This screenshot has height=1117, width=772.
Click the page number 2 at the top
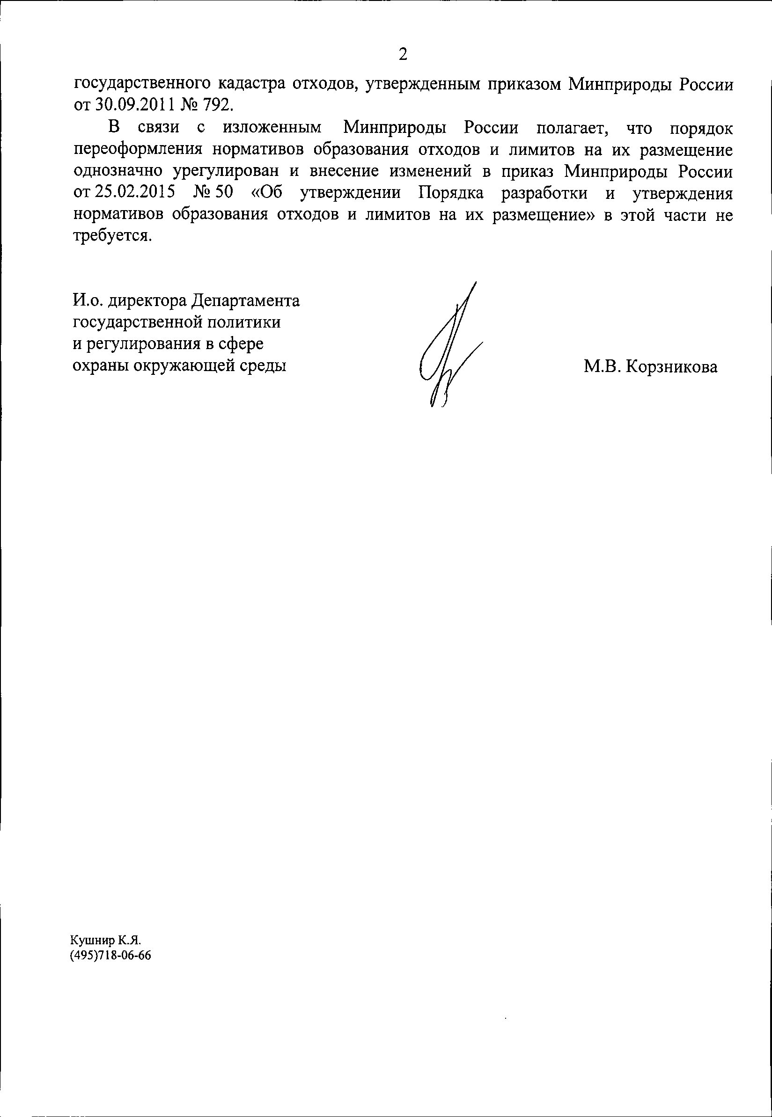click(403, 55)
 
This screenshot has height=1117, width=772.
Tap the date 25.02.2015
click(134, 193)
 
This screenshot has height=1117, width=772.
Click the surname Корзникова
click(671, 367)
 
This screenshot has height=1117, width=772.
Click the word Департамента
click(246, 300)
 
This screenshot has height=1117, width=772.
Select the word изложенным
click(272, 128)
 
